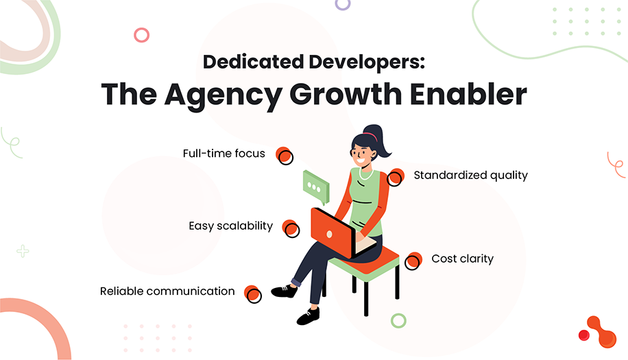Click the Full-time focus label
click(x=224, y=154)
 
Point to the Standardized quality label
click(x=470, y=175)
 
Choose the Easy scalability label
click(x=230, y=226)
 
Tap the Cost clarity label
click(x=462, y=259)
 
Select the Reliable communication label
click(x=167, y=291)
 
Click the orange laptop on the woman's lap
click(x=332, y=232)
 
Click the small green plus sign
click(x=23, y=251)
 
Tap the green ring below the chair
click(x=398, y=320)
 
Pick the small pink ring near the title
click(x=142, y=35)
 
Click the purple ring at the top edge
click(x=343, y=3)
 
